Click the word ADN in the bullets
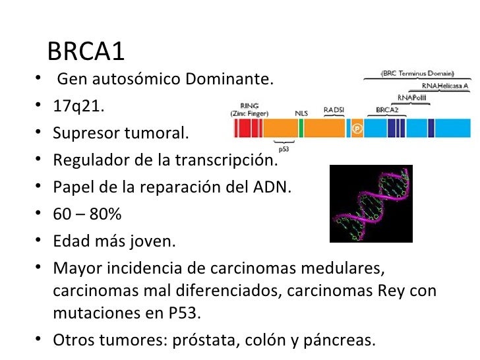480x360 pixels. point(272,187)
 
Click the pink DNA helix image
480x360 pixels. point(371,204)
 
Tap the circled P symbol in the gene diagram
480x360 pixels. point(357,128)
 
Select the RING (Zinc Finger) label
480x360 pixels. point(249,109)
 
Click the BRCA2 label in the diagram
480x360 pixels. point(386,109)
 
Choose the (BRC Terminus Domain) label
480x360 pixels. point(416,74)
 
